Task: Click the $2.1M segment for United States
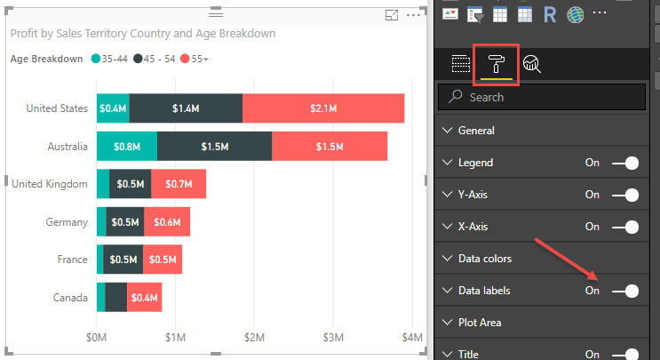(x=323, y=108)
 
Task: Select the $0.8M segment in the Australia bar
(x=126, y=147)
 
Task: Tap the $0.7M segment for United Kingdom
(x=179, y=184)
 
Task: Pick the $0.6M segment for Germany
(x=166, y=222)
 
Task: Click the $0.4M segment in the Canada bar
(x=144, y=298)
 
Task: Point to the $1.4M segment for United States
(x=186, y=108)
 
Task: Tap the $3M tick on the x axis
(x=332, y=338)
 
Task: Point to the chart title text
(x=142, y=34)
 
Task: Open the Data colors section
(x=484, y=259)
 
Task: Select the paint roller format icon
(x=496, y=64)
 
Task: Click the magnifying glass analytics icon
(x=532, y=64)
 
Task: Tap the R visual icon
(x=550, y=13)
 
